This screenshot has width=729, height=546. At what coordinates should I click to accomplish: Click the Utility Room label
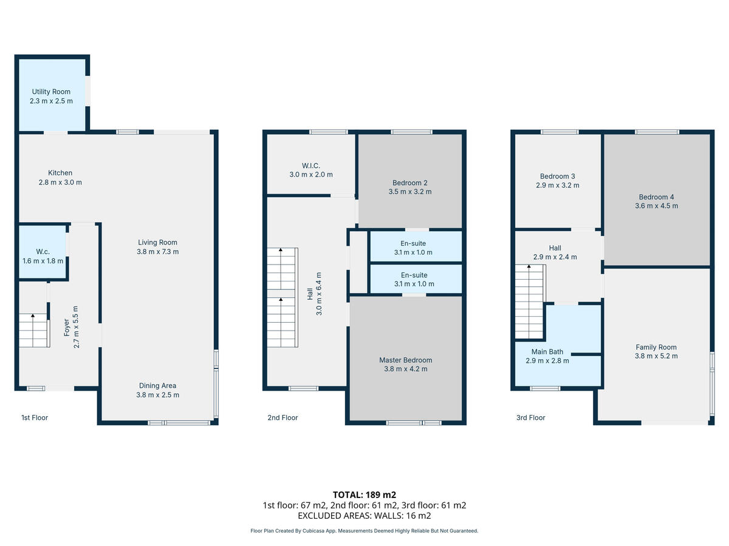click(51, 92)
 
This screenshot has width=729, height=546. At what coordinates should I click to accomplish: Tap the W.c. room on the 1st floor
click(43, 252)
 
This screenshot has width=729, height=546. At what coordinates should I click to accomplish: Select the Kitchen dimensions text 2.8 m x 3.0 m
click(60, 183)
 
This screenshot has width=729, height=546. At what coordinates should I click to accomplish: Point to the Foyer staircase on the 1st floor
click(34, 330)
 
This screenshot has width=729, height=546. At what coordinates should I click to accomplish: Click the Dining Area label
click(157, 386)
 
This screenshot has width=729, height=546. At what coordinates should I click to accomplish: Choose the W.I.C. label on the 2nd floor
click(311, 166)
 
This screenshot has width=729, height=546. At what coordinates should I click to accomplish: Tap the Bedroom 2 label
click(410, 183)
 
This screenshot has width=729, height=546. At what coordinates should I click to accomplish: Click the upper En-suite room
click(416, 246)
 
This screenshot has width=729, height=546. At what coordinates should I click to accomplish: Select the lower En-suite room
click(416, 278)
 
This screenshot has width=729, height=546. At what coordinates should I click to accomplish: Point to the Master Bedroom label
click(406, 360)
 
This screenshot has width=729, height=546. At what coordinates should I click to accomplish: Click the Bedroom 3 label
click(557, 177)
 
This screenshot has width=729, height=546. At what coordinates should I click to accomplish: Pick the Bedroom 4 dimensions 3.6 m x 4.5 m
click(656, 206)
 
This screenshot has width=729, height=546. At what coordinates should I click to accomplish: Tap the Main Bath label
click(547, 352)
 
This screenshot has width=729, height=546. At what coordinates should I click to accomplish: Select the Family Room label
click(656, 347)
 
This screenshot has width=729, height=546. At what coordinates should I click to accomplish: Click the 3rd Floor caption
click(530, 418)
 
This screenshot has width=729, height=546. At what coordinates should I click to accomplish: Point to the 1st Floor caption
click(35, 418)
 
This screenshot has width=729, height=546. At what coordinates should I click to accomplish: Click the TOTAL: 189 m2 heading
click(364, 495)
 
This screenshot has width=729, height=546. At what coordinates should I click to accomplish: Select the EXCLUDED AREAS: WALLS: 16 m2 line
click(364, 516)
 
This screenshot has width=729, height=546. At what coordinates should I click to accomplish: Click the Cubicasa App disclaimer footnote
click(364, 531)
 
